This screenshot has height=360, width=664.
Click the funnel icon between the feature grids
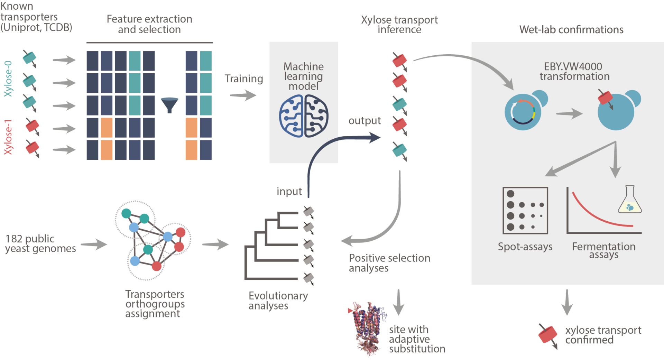(169, 105)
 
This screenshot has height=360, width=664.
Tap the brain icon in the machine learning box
(303, 116)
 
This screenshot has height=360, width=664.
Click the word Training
(244, 79)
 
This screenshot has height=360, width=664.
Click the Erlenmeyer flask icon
(630, 200)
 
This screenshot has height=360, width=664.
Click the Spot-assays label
(525, 247)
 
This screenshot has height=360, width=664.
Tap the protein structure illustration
(367, 329)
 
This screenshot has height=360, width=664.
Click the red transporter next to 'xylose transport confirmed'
(547, 335)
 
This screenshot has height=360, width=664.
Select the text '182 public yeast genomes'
(40, 243)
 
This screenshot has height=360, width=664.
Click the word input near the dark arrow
(289, 191)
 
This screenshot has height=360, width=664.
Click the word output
(365, 121)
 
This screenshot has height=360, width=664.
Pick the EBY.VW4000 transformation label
(574, 71)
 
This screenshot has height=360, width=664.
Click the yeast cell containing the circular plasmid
(523, 112)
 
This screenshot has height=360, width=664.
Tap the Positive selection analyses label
(389, 263)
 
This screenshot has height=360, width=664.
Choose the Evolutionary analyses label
(278, 301)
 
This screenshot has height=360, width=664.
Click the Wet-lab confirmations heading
(571, 30)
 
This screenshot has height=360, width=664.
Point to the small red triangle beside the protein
(350, 311)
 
